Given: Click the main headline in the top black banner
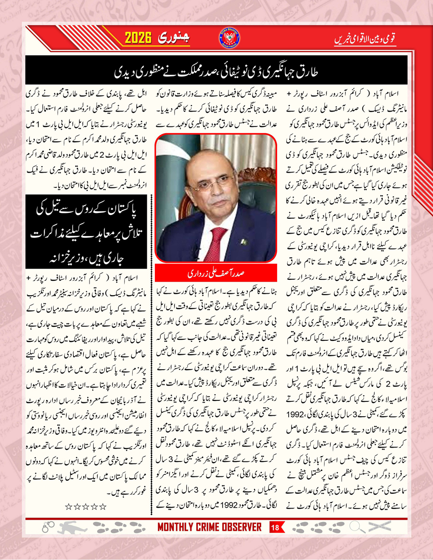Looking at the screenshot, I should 216,72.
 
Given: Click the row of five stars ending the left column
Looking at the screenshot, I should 85,502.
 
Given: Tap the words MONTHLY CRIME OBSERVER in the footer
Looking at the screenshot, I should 210,527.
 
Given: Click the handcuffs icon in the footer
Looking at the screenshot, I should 47,528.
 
